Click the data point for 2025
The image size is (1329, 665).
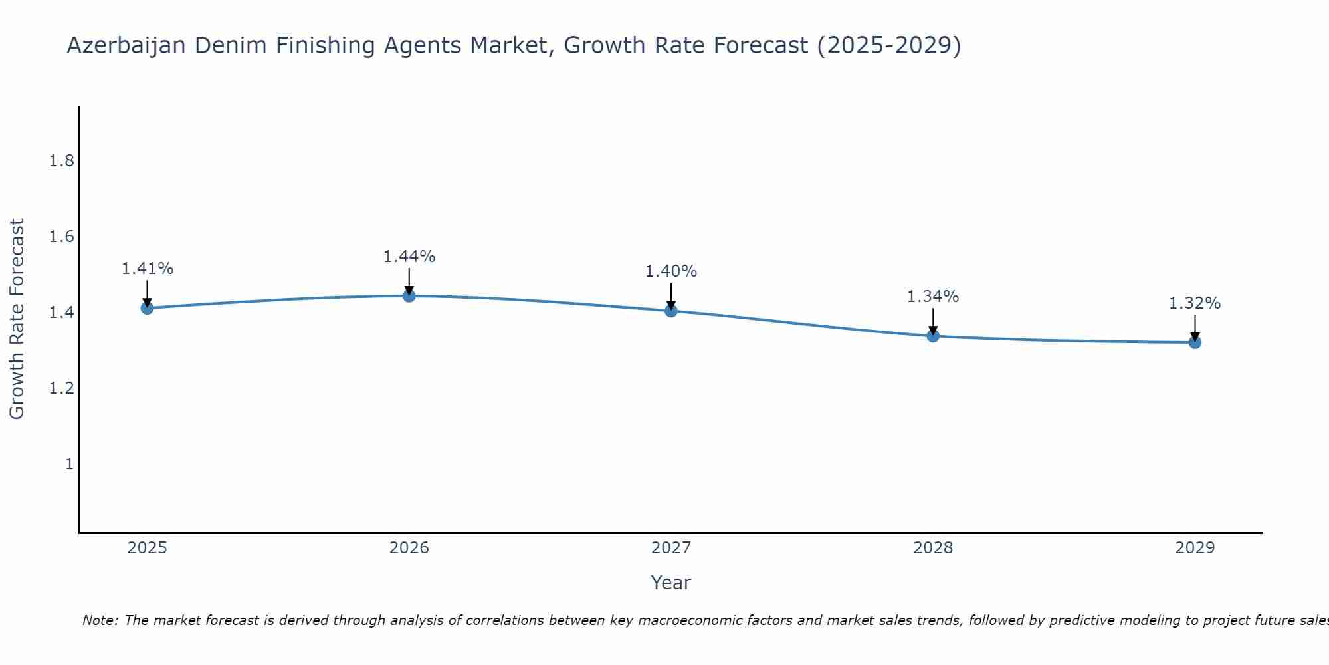click(147, 308)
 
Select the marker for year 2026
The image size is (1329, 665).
click(409, 295)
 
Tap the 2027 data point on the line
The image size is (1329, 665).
click(670, 311)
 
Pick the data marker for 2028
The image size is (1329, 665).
click(932, 336)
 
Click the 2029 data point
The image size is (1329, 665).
click(1194, 342)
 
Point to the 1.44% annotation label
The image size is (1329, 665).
click(409, 257)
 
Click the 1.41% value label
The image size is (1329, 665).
click(147, 269)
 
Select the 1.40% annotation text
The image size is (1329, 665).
click(670, 271)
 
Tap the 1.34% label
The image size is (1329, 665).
click(932, 297)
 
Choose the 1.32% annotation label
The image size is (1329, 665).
click(1194, 303)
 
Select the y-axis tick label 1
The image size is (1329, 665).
click(69, 464)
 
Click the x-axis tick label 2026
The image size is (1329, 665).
click(409, 548)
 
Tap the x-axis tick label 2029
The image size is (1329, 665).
click(1194, 548)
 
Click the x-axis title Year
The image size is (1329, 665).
click(670, 583)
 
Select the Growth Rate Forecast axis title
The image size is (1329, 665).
click(17, 319)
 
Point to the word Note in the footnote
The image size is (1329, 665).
click(100, 620)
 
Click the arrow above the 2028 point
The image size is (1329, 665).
click(932, 321)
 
